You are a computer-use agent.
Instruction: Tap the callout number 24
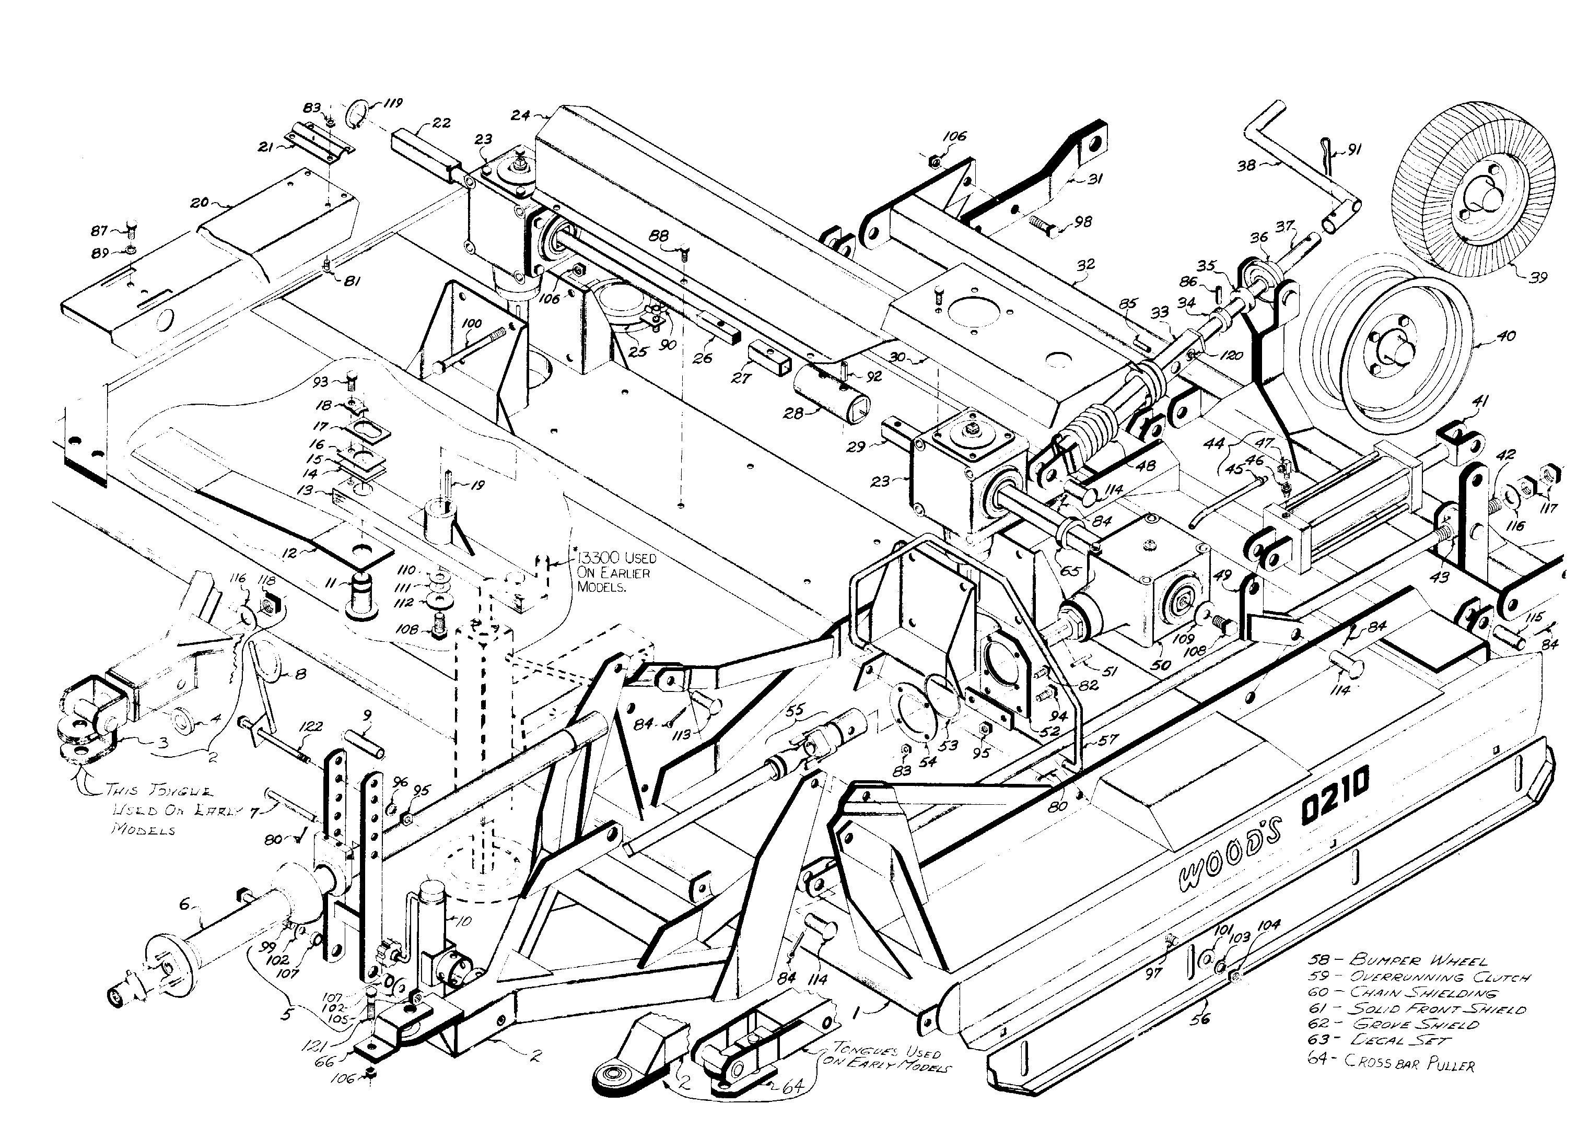point(520,115)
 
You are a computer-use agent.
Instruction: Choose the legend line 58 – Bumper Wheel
point(1398,960)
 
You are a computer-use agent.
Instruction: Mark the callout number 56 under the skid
point(1200,1019)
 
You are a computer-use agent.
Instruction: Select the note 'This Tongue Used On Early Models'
point(160,809)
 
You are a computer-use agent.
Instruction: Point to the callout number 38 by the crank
point(1246,166)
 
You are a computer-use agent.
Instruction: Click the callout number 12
point(290,553)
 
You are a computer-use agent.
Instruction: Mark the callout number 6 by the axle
point(184,903)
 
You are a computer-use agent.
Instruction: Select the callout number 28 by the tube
point(792,413)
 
